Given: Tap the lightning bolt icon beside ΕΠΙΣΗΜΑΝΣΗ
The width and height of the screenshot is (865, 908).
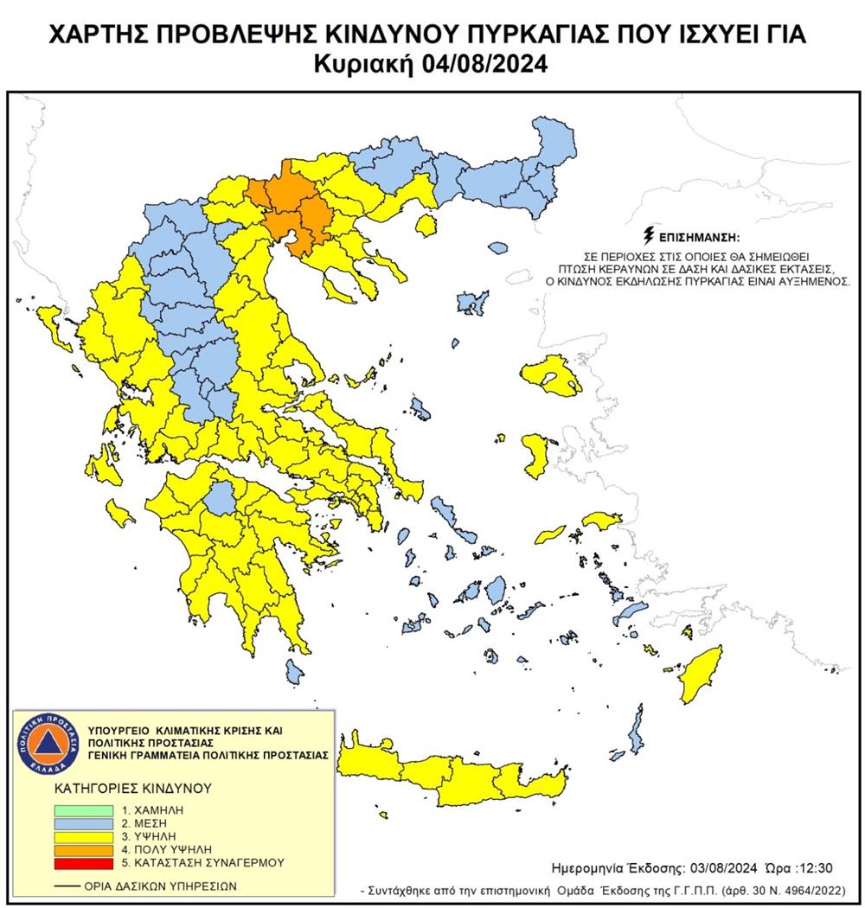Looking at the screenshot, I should coord(648,234).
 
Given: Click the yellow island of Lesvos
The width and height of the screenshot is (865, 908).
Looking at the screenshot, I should coord(552,374).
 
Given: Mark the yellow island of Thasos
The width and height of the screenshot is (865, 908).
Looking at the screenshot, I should coord(425,226).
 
